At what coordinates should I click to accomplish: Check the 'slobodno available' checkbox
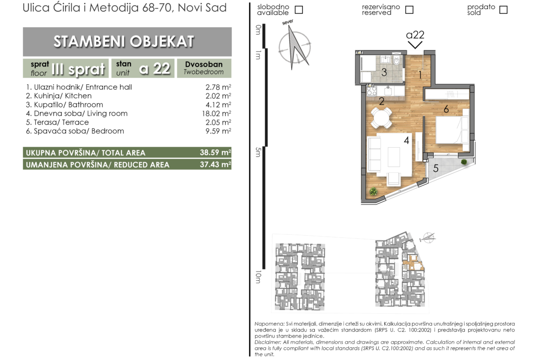pyautogui.click(x=299, y=10)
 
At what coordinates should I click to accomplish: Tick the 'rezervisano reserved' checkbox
pyautogui.click(x=409, y=10)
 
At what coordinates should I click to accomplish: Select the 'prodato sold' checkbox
pyautogui.click(x=503, y=10)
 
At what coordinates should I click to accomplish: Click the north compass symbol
pyautogui.click(x=294, y=46)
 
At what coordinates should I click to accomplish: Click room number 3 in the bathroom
pyautogui.click(x=384, y=72)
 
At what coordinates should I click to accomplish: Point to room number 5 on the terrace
pyautogui.click(x=436, y=168)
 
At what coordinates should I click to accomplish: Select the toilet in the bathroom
pyautogui.click(x=397, y=61)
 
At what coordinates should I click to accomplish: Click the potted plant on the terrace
pyautogui.click(x=464, y=161)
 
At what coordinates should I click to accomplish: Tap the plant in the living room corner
pyautogui.click(x=373, y=192)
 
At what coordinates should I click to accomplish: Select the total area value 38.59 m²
pyautogui.click(x=215, y=152)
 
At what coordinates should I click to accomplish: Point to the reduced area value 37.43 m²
pyautogui.click(x=215, y=164)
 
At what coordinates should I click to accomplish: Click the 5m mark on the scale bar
pyautogui.click(x=258, y=152)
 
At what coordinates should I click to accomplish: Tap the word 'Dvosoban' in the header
pyautogui.click(x=204, y=64)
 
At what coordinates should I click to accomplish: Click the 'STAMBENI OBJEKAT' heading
pyautogui.click(x=123, y=41)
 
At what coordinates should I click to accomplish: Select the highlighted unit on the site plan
pyautogui.click(x=413, y=262)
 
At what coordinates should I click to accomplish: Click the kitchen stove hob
pyautogui.click(x=372, y=91)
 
